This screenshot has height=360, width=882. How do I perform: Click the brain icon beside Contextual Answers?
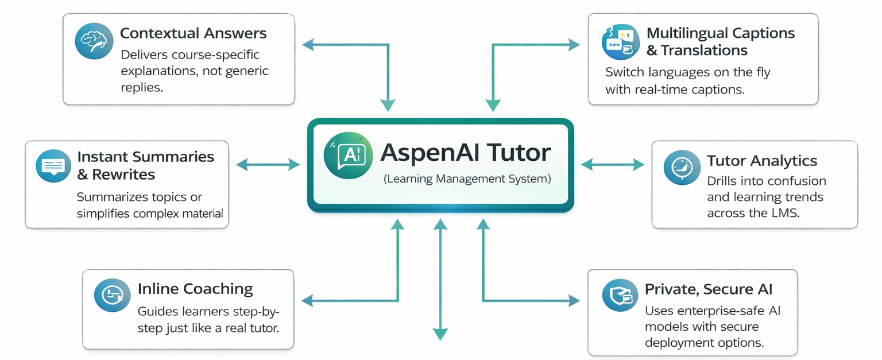tap(94, 41)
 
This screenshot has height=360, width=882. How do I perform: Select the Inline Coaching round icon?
tap(112, 295)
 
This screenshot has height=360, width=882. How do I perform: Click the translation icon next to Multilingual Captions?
tap(620, 42)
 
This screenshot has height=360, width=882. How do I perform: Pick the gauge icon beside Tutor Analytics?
tap(682, 168)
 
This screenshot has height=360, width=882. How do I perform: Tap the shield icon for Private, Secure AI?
tap(620, 296)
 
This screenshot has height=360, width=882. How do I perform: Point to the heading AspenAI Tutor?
tap(466, 153)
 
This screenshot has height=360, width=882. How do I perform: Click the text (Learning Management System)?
tap(467, 179)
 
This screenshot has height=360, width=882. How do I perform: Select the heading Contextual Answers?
tap(193, 33)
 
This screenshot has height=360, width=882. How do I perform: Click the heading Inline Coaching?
tap(195, 289)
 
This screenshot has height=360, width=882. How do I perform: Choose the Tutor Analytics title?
tap(762, 161)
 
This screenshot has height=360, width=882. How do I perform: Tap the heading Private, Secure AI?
tap(713, 289)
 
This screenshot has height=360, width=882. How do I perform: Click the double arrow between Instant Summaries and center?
tap(268, 165)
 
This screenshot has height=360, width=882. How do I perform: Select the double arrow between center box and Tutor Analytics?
tap(613, 165)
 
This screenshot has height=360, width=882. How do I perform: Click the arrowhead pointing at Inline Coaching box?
tap(307, 300)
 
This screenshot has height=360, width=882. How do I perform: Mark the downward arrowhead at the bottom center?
tap(440, 335)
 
